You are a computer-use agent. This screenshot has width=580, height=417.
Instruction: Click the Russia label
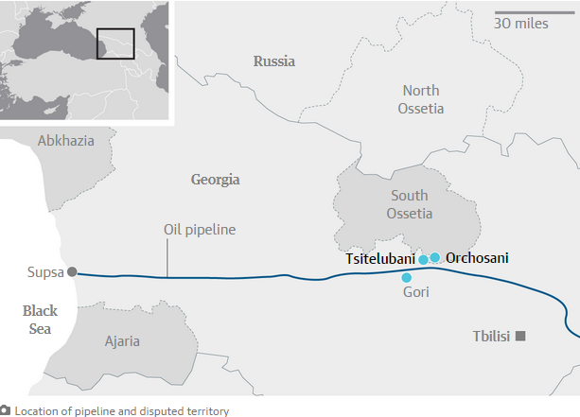coord(273,61)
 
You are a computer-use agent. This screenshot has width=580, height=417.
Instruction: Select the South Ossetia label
coord(409,204)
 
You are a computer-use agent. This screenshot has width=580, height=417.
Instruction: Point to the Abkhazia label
coord(66,141)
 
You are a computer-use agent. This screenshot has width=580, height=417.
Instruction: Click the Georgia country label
coord(216,180)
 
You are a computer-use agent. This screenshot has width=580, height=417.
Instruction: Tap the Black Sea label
coord(40,319)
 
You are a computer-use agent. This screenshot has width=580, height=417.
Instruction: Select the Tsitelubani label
coord(378,259)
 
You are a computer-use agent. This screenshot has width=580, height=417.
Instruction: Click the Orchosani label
coord(478,257)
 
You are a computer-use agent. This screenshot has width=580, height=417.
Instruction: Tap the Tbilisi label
coord(491,337)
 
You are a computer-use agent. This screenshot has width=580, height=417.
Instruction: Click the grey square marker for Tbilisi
coord(520,337)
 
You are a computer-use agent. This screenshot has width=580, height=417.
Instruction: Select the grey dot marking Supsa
coord(71,272)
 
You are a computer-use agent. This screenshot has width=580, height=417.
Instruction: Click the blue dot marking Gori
coord(407,278)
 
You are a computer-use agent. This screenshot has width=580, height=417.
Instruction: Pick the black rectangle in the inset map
coord(115,43)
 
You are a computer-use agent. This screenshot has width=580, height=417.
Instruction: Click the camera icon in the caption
coord(6,410)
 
